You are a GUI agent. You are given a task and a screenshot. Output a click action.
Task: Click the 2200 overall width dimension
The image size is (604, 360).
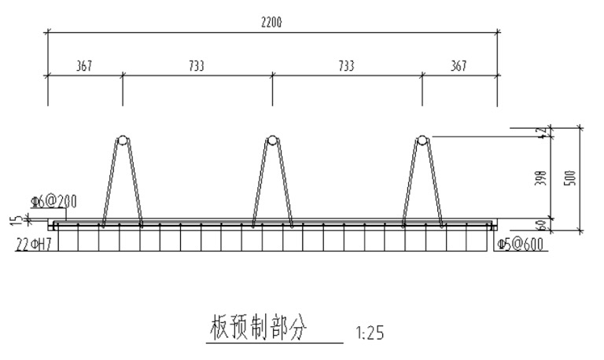[271, 24]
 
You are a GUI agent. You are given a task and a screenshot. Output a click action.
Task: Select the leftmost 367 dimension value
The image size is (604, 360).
[84, 67]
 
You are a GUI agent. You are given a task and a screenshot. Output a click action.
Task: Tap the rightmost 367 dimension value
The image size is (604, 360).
[459, 67]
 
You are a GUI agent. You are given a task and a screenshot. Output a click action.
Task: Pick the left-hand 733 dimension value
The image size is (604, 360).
[197, 67]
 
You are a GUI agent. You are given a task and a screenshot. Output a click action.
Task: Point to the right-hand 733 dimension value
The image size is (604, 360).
[346, 67]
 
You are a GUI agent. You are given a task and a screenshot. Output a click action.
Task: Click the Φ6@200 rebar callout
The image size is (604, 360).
[54, 202]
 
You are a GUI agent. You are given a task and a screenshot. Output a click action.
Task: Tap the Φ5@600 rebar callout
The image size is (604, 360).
[520, 244]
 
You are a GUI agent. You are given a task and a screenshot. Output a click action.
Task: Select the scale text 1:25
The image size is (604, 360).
[370, 333]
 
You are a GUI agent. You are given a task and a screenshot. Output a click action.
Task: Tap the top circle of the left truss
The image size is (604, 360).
[122, 141]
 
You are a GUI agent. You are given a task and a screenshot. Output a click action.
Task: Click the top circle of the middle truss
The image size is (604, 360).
[271, 141]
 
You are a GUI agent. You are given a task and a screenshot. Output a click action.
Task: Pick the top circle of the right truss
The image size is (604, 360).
[422, 141]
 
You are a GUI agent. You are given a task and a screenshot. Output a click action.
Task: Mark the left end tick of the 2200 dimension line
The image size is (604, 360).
[48, 32]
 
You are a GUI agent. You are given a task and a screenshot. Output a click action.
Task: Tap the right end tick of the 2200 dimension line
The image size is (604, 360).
[497, 32]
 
